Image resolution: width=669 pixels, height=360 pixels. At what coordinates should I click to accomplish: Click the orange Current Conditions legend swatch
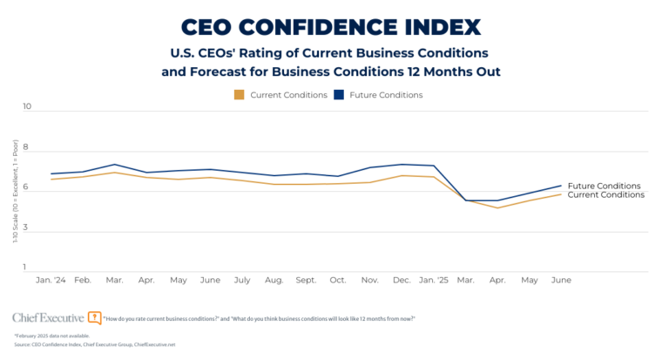(239, 94)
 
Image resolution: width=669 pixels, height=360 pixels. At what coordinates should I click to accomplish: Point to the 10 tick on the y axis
(27, 107)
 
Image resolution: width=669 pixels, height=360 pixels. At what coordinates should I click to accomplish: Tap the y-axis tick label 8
(27, 148)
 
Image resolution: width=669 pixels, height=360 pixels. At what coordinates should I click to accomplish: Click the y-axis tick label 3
(27, 228)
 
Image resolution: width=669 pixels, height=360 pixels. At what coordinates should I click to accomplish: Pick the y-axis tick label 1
(27, 268)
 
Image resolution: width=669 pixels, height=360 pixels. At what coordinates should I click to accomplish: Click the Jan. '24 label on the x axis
(51, 281)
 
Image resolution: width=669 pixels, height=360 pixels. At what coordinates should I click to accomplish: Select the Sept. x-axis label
(306, 281)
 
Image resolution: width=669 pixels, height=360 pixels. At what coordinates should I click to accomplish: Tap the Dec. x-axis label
(402, 281)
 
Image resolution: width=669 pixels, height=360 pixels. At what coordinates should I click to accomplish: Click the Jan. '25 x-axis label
(434, 281)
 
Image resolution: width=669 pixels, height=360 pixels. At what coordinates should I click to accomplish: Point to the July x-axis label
(242, 281)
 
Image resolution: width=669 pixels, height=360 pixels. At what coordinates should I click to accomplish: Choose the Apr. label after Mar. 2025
(497, 281)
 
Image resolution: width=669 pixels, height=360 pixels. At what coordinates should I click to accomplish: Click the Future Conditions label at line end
(604, 186)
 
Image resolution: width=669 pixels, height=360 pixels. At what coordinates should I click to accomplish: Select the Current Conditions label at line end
(605, 195)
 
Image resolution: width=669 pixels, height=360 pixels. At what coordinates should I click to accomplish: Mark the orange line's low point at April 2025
(497, 207)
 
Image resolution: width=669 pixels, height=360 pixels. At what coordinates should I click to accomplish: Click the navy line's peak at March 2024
(115, 164)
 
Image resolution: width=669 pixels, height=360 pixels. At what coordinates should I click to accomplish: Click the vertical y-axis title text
(14, 189)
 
